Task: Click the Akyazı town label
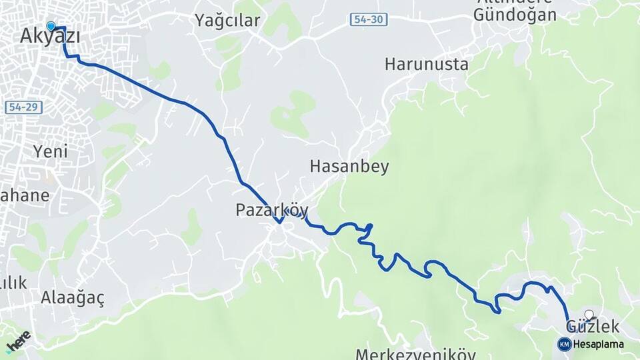point(50,37)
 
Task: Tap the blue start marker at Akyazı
point(51,27)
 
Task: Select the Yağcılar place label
point(227,21)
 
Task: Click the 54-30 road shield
point(367,19)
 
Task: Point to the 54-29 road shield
point(21,107)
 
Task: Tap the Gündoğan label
point(515,15)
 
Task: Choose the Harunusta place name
point(426,65)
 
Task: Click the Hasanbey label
point(349,167)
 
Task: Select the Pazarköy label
point(271,211)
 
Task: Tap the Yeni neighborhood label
point(51,151)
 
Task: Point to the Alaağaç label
point(72,297)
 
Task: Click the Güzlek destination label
point(592,327)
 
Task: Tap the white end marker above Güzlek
point(589,314)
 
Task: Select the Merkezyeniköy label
point(415,354)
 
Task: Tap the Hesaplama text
point(598,345)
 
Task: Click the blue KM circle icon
point(564,344)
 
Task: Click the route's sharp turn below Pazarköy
point(281,223)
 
